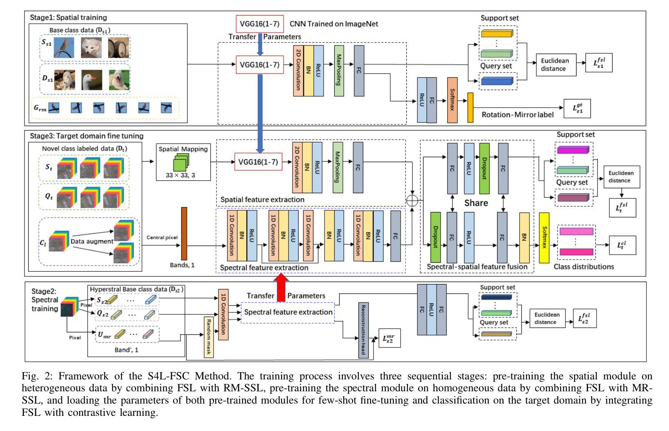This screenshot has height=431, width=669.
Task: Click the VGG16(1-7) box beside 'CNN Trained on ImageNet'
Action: (259, 24)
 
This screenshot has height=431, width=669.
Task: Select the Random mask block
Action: (208, 337)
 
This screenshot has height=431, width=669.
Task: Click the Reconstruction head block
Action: (363, 330)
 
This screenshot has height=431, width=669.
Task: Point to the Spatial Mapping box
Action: (183, 162)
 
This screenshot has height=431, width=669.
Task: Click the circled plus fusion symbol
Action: (412, 201)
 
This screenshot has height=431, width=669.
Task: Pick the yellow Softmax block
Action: (544, 238)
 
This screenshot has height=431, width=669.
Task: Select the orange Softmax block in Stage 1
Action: (452, 100)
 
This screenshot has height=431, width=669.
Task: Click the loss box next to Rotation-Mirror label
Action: (577, 109)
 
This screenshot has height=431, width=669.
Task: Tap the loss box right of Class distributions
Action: (622, 245)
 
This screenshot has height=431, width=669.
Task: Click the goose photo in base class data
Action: (92, 80)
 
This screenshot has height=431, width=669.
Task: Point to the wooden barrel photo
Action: (119, 48)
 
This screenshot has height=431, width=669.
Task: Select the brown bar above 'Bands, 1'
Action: (184, 234)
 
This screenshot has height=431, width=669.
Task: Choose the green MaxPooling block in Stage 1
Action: (339, 71)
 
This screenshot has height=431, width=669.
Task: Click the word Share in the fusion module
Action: (476, 203)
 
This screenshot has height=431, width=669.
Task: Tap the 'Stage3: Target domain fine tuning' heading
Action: (87, 136)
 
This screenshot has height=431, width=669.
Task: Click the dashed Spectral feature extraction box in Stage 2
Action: (288, 312)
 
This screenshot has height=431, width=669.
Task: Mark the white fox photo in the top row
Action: (91, 48)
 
